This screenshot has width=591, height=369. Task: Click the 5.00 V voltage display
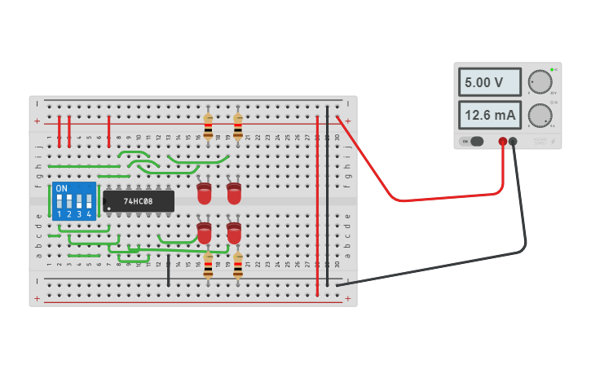click(489, 82)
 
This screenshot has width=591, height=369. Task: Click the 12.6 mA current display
click(489, 116)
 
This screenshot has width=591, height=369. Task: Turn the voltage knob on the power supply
click(540, 81)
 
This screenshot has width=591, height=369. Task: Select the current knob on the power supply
click(540, 116)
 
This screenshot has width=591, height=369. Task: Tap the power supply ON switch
click(473, 142)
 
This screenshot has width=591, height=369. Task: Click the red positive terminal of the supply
click(503, 142)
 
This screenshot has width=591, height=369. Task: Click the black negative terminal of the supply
click(513, 142)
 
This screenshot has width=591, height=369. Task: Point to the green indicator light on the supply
click(552, 69)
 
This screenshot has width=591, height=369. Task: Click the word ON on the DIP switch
click(61, 188)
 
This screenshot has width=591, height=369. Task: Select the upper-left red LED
click(205, 193)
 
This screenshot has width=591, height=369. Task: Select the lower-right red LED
click(234, 233)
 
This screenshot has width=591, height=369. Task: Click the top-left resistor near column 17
click(208, 126)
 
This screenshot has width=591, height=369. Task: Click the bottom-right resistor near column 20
click(237, 266)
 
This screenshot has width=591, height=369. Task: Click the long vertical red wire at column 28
click(318, 204)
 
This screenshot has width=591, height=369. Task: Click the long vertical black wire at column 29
click(328, 195)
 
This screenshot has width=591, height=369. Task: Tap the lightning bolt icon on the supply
click(554, 142)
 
